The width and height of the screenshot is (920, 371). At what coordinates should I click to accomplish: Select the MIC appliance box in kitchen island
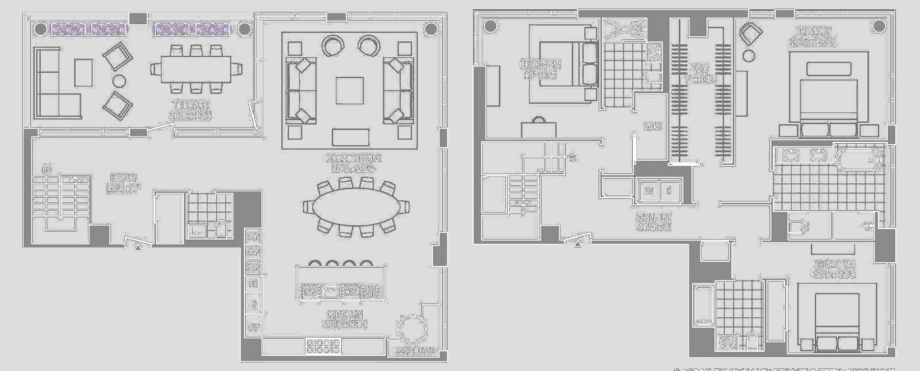[x=371, y=292]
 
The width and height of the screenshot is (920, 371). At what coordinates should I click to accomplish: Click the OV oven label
[x=253, y=326]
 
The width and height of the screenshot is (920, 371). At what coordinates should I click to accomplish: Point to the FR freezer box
[x=253, y=284]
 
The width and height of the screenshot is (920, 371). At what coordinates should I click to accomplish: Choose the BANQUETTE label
[x=414, y=351]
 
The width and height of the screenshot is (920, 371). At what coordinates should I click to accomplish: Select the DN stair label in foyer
[x=47, y=170]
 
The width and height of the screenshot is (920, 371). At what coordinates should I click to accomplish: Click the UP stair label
[x=573, y=158]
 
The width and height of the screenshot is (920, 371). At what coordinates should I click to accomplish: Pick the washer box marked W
[x=649, y=191]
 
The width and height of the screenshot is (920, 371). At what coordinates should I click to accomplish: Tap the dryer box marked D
[x=670, y=191]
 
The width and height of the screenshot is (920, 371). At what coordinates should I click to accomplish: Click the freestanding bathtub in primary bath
[x=858, y=160]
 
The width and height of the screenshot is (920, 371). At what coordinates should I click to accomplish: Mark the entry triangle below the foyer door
[x=138, y=248]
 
